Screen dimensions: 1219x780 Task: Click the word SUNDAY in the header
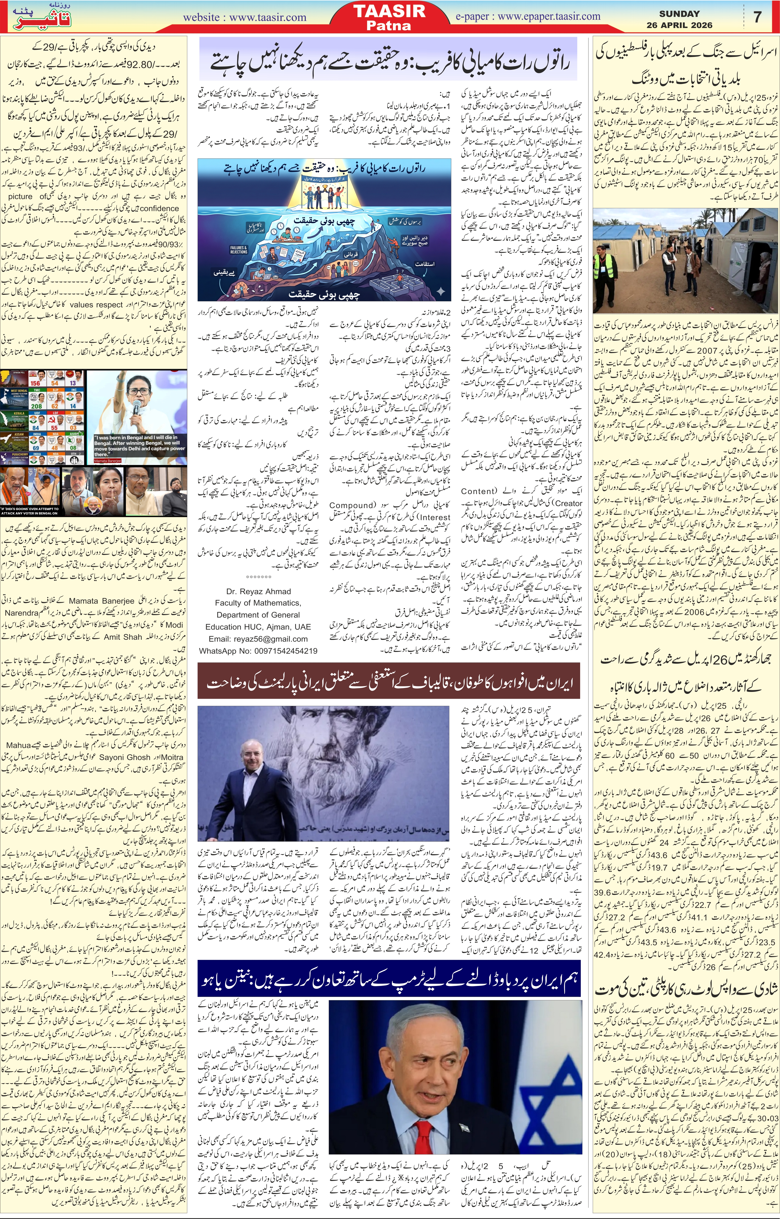(679, 14)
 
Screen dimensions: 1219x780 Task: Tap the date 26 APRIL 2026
(679, 25)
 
